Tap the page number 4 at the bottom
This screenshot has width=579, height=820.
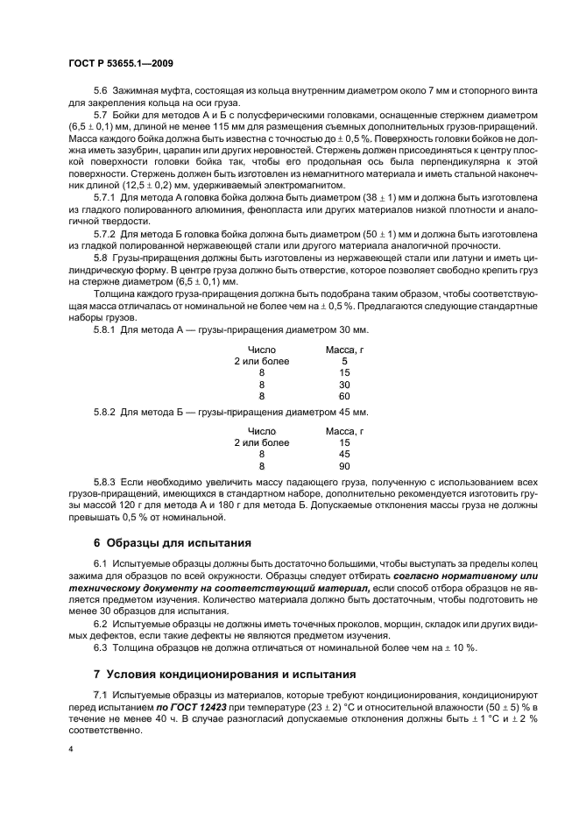[70, 751]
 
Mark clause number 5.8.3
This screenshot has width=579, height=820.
[107, 483]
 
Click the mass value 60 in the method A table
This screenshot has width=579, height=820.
[344, 395]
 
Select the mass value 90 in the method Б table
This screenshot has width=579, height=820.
[344, 465]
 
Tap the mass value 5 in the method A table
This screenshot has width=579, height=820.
[344, 361]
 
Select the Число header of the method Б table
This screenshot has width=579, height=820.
[261, 431]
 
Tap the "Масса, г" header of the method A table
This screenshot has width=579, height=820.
[344, 349]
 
